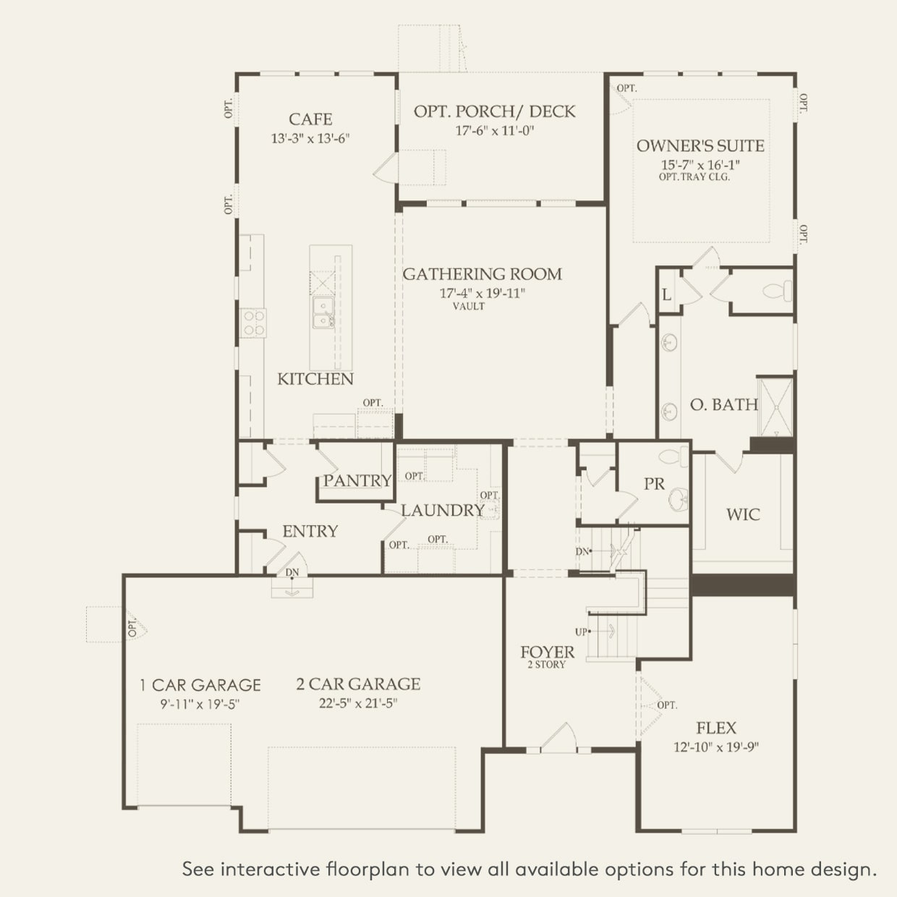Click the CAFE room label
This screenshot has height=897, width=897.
(x=310, y=119)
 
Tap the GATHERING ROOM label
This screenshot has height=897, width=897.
(x=482, y=274)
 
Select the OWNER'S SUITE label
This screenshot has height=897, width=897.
(x=700, y=145)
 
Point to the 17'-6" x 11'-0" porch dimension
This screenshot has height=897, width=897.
(x=494, y=130)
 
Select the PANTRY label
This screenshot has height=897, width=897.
(x=357, y=480)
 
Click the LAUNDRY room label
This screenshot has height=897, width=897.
(x=443, y=511)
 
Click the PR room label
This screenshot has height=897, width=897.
(x=654, y=484)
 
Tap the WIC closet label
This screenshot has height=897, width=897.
(x=743, y=514)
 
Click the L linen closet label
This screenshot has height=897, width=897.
(x=666, y=295)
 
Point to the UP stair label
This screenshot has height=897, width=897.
(x=581, y=632)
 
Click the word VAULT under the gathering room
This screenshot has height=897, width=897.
(x=469, y=306)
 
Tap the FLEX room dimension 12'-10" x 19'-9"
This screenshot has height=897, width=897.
(x=716, y=747)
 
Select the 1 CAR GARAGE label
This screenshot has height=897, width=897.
(x=200, y=685)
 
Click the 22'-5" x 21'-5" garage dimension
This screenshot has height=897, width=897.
(x=358, y=703)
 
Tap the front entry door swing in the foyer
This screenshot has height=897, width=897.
(x=558, y=738)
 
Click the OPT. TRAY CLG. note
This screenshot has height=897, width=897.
(x=694, y=177)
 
